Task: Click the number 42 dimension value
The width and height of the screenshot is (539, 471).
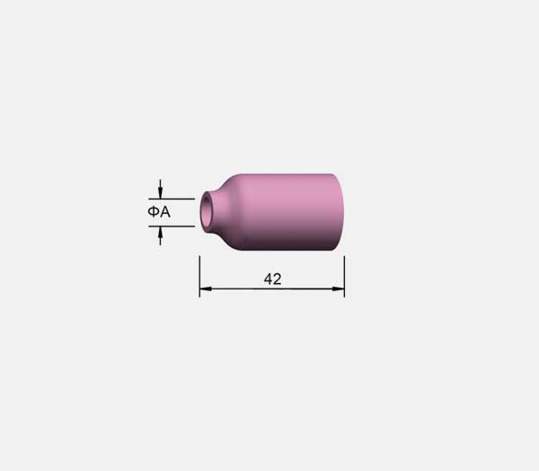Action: click(x=272, y=279)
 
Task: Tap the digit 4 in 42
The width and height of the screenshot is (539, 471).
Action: click(x=268, y=279)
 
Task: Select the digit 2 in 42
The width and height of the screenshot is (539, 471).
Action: click(x=278, y=279)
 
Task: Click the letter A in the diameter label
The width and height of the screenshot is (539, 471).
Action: click(x=165, y=212)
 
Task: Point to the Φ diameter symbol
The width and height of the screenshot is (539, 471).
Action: click(x=154, y=212)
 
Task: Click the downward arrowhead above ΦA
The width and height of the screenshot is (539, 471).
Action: click(x=160, y=193)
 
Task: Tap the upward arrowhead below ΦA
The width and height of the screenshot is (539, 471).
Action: click(x=160, y=232)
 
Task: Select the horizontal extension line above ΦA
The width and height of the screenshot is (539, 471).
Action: click(x=172, y=199)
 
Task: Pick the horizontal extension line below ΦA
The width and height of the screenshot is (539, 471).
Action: click(x=172, y=227)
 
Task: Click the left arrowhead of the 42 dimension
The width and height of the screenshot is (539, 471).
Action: click(x=206, y=289)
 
